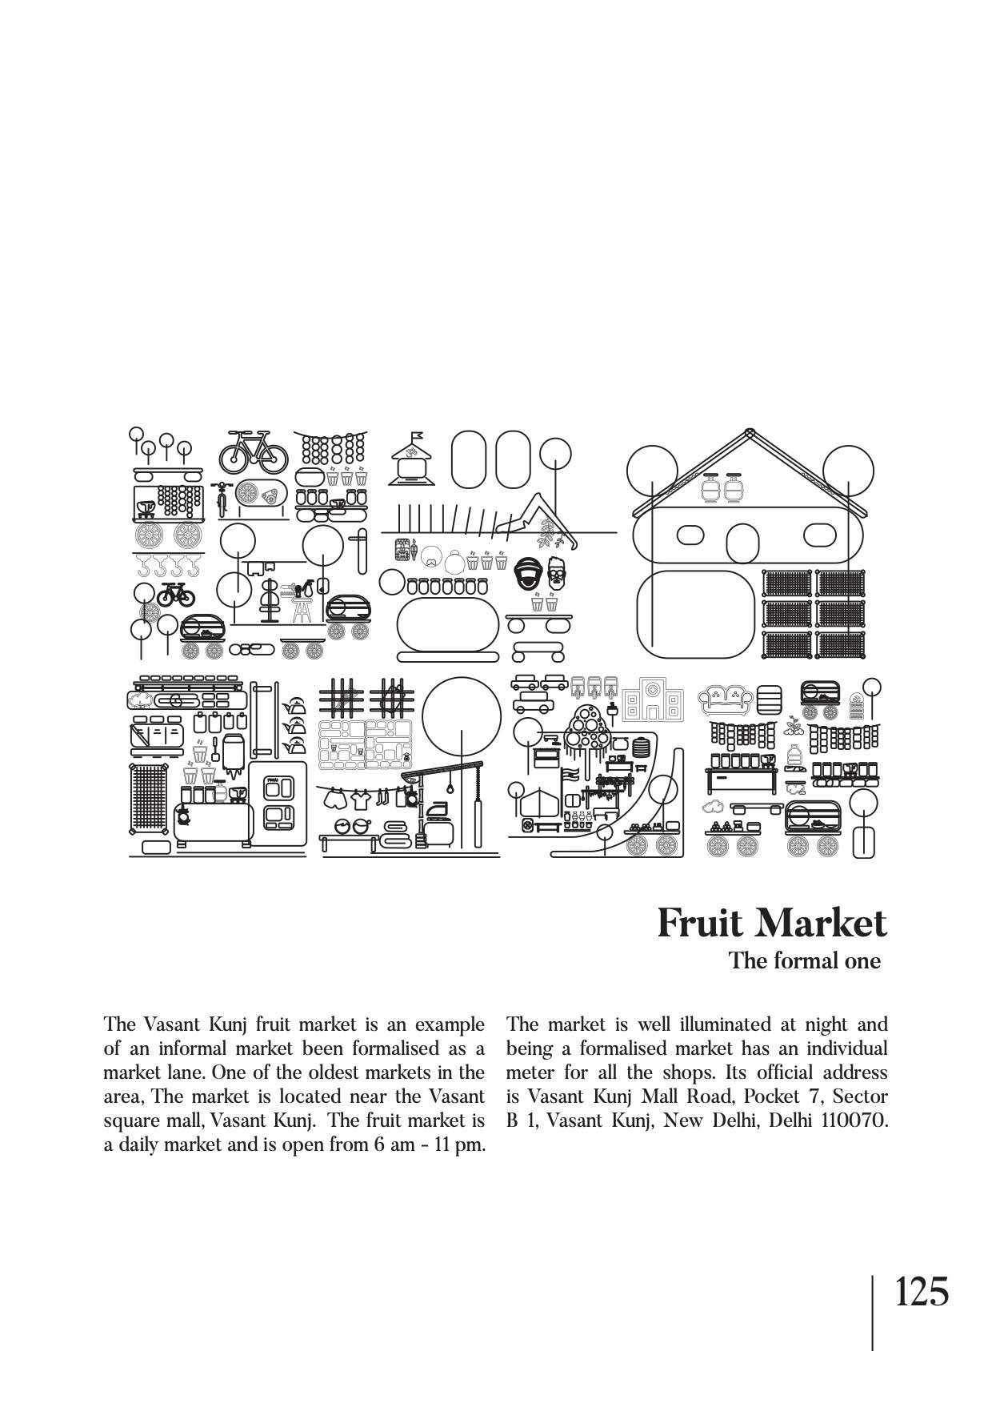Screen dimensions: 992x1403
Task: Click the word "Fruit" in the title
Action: pos(700,923)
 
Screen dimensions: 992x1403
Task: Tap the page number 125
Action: pos(921,1292)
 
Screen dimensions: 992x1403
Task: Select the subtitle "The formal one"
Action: pos(804,960)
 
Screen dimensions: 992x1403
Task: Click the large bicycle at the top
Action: pos(253,453)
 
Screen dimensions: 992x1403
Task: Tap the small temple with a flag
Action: pos(413,459)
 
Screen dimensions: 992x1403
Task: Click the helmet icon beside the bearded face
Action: pos(529,574)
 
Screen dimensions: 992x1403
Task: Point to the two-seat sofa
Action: pos(726,699)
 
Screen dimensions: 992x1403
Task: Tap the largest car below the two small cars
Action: pos(533,704)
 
